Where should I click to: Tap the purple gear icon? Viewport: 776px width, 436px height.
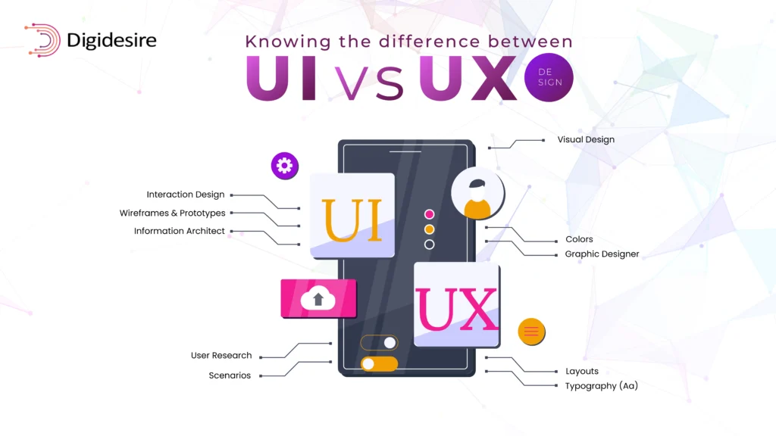coord(285,166)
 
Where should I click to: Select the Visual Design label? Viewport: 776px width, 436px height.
coord(586,139)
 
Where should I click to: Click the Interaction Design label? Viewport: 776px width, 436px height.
coord(186,195)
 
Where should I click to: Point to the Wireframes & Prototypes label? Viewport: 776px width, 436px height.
coord(172,213)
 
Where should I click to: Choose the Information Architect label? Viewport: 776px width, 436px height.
coord(180,231)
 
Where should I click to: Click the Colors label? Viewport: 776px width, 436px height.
coord(579,239)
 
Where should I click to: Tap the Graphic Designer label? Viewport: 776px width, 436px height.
coord(602,254)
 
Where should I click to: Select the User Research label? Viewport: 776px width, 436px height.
coord(221,355)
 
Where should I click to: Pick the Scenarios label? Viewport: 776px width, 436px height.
coord(230,375)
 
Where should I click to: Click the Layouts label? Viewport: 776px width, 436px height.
coord(582,371)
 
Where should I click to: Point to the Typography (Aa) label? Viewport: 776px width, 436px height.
coord(601,386)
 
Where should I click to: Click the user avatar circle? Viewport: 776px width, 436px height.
coord(477,195)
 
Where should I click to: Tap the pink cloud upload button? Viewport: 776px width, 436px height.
coord(318,298)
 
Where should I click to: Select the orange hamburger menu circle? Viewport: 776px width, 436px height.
coord(531,331)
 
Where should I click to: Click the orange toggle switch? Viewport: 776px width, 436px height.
coord(379,363)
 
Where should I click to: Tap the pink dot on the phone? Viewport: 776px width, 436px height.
coord(429,214)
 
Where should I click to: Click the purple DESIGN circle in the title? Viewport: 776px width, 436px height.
coord(549,77)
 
